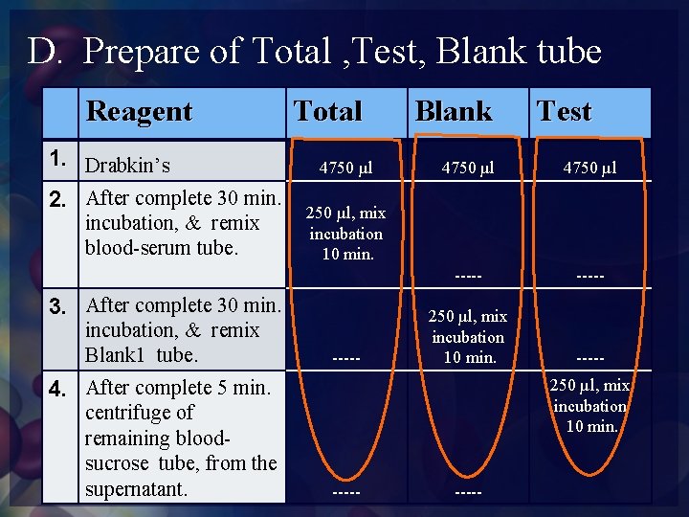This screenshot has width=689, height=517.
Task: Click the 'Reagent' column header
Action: point(140,112)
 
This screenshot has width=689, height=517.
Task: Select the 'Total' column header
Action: point(327,112)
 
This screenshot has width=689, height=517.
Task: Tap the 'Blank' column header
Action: point(453,112)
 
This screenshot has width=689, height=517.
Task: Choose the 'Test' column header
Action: point(565,112)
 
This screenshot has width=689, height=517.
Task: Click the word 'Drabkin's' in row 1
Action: point(128,166)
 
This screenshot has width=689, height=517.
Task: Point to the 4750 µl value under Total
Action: point(345,169)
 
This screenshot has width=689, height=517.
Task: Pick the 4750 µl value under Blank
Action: point(467,169)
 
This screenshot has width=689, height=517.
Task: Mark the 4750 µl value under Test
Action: point(589,169)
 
